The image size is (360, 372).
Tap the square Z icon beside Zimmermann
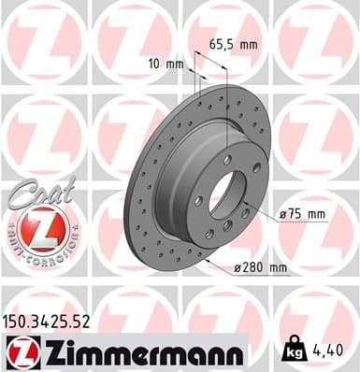tap(24, 351)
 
